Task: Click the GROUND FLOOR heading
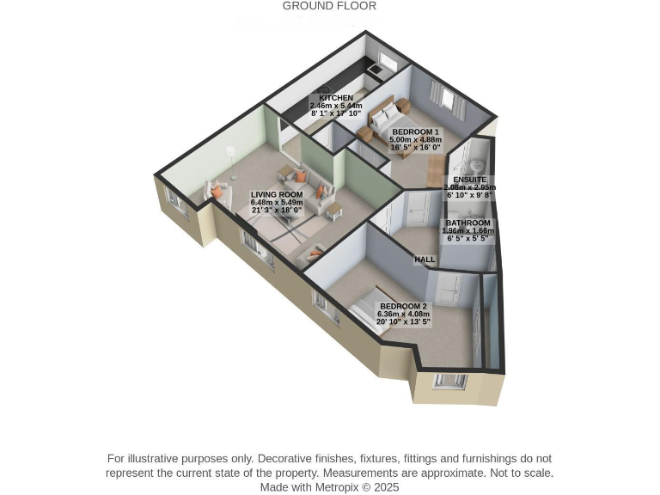pos(329,6)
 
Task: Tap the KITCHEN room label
pos(335,98)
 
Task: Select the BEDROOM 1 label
pos(415,132)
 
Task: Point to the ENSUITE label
pos(469,180)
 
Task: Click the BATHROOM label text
pos(467,223)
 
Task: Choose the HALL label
pos(425,260)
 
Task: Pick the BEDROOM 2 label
pos(403,306)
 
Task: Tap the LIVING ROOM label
pos(277,195)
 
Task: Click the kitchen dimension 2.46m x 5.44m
pos(335,106)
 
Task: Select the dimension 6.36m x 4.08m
pos(403,315)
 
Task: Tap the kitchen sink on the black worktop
pos(376,68)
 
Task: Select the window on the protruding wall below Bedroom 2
pos(449,381)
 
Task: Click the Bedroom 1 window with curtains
pos(447,100)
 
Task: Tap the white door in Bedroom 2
pos(449,290)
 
